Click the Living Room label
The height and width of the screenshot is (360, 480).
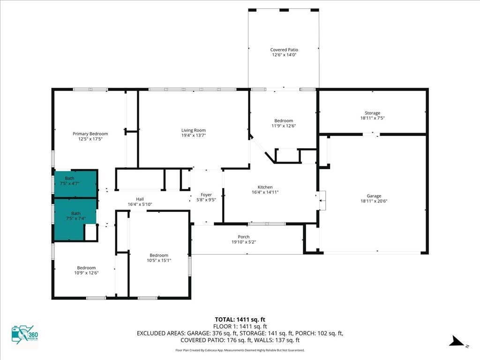[194, 130]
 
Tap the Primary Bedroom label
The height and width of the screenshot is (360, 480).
[90, 134]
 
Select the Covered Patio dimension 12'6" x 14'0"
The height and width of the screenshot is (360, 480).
[284, 55]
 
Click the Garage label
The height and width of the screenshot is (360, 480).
[374, 196]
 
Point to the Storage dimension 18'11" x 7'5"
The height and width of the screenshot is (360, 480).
[372, 118]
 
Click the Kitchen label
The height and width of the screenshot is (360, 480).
[265, 187]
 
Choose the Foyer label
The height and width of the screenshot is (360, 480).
[206, 195]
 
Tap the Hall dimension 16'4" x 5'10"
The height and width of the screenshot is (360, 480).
[140, 204]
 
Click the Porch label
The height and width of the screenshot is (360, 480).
[244, 237]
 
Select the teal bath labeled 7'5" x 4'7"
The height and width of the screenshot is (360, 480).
[76, 183]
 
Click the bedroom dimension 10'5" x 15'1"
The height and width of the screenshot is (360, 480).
[159, 260]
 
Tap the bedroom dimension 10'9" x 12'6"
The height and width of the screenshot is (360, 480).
[86, 273]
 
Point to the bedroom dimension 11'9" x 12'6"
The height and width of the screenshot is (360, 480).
[284, 126]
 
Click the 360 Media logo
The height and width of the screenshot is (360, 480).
[25, 334]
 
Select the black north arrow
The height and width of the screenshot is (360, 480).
[457, 341]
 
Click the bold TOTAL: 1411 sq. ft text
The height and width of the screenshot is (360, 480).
[240, 320]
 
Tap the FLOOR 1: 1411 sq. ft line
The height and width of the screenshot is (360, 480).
[240, 327]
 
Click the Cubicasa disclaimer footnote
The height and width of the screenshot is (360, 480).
[240, 350]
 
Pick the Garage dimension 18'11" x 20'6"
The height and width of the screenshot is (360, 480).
[374, 201]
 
